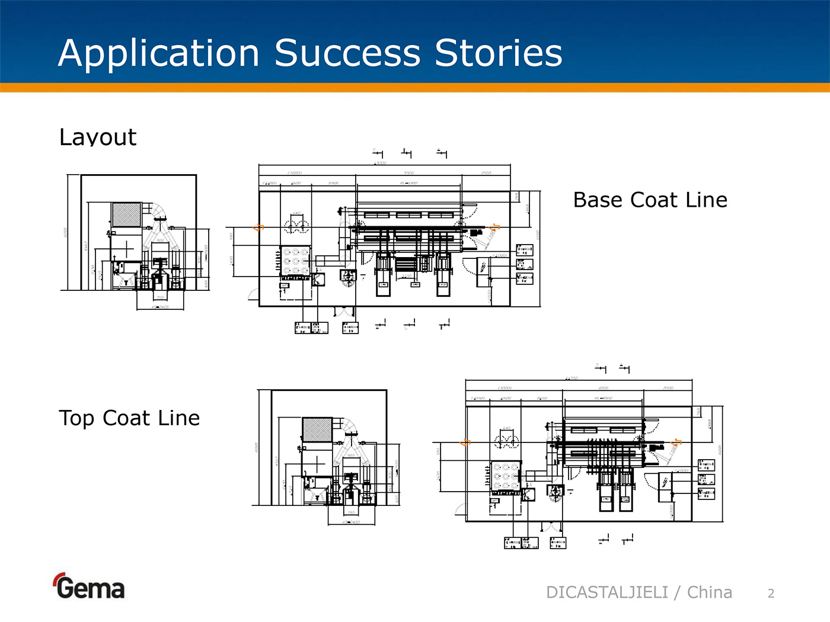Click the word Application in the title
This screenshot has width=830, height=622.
159,53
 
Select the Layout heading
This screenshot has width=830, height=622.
98,137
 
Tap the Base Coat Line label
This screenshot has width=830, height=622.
650,200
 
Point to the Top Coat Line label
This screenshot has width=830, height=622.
129,418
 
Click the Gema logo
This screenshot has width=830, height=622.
90,587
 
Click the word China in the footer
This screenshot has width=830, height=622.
709,592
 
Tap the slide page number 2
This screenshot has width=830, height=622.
771,594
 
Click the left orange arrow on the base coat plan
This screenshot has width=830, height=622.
258,227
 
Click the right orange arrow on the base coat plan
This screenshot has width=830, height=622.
495,227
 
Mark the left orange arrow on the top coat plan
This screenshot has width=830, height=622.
466,443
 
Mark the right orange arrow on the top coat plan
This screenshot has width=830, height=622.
676,442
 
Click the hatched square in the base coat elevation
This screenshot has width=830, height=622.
127,214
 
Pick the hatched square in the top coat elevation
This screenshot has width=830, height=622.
317,429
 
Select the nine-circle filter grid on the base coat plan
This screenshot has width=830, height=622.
295,261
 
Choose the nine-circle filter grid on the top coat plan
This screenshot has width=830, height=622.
506,476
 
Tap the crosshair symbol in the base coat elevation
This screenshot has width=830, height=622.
127,249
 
